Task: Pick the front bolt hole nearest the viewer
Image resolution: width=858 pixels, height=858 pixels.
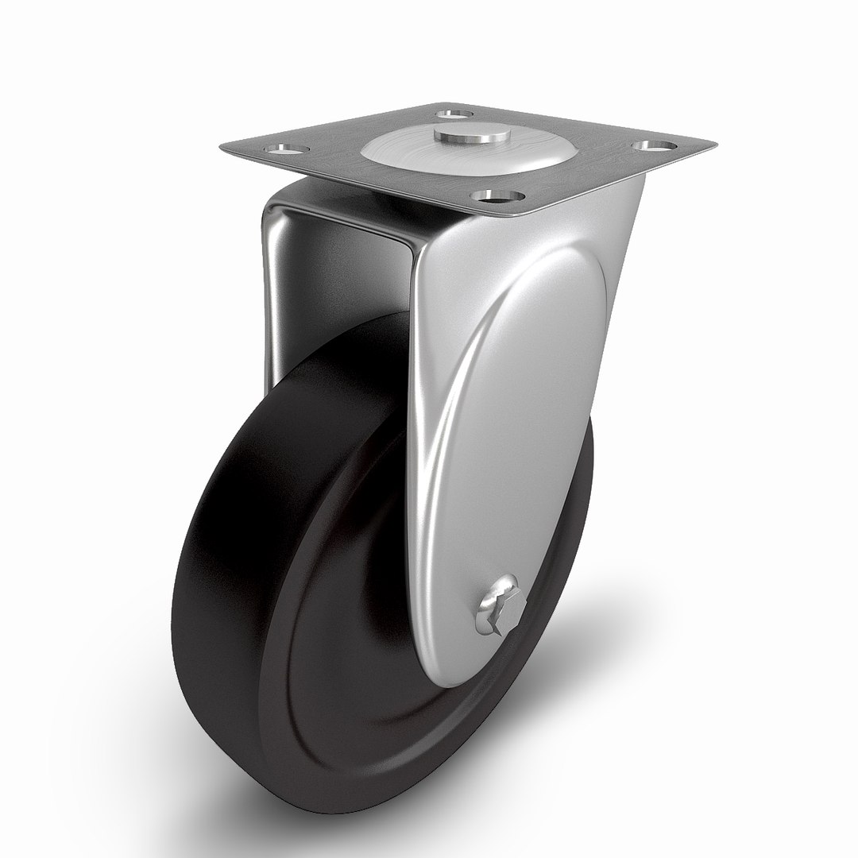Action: coord(497,195)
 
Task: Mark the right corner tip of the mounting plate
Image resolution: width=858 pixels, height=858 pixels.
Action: coord(713,144)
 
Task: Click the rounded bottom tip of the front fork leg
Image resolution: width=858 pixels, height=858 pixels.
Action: coord(461,679)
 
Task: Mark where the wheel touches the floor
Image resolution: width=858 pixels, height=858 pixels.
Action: coord(302,806)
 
